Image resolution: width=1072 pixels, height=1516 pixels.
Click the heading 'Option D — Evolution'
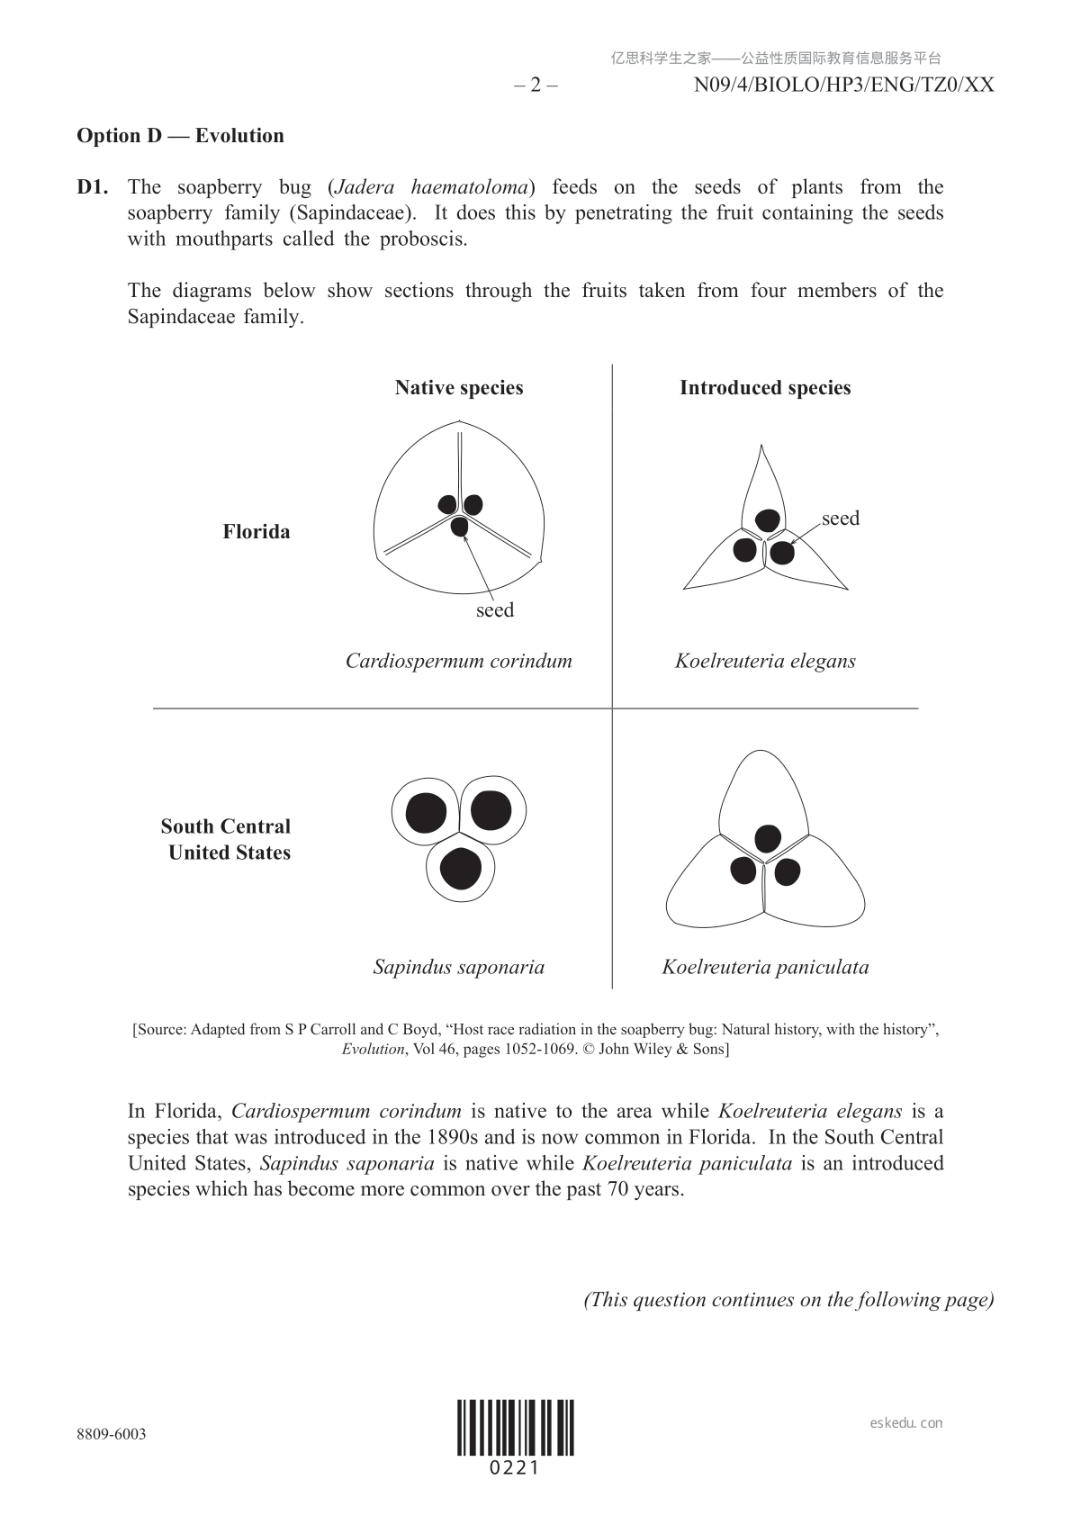(x=180, y=136)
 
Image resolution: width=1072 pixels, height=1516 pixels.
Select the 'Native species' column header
(x=458, y=388)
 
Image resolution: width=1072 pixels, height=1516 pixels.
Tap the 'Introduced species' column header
(x=764, y=388)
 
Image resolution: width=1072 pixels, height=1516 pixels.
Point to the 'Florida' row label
(x=257, y=532)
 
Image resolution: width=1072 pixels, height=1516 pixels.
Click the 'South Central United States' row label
(x=227, y=839)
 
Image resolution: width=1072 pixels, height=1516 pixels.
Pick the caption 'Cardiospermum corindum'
(x=458, y=661)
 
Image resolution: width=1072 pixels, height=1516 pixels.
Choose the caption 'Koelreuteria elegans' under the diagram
(x=765, y=661)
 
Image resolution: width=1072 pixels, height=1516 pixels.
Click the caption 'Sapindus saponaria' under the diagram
(x=458, y=968)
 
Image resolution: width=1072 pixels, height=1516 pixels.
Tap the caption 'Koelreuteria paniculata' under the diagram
(x=765, y=968)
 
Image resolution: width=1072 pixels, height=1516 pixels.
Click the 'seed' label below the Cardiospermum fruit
(x=495, y=610)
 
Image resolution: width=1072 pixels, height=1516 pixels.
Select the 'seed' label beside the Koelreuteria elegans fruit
(x=840, y=519)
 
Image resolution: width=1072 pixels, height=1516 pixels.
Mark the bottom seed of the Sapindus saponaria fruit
(x=460, y=869)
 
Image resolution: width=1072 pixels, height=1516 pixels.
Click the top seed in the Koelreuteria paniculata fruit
(x=767, y=838)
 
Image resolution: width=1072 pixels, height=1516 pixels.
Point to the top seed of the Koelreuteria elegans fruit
(x=767, y=520)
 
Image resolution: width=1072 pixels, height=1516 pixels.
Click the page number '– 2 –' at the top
(x=536, y=86)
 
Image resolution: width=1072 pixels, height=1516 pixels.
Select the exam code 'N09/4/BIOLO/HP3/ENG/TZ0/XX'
(x=843, y=86)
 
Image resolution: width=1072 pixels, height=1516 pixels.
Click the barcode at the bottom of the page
(x=515, y=1428)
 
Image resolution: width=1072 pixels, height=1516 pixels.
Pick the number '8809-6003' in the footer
(x=112, y=1434)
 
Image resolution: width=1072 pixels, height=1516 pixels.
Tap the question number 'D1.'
(x=93, y=187)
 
